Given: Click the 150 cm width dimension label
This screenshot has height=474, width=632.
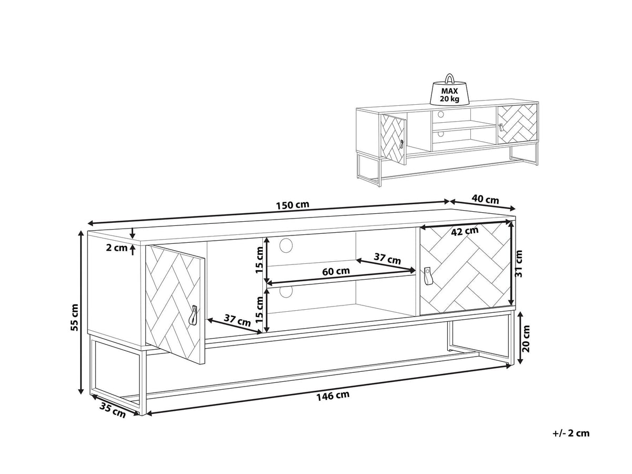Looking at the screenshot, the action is [x=292, y=205].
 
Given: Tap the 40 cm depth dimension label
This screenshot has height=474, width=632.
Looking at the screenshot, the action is [x=485, y=199].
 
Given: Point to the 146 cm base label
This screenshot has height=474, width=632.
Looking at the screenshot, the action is [x=333, y=396].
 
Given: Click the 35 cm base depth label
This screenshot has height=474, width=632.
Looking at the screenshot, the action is [x=113, y=410].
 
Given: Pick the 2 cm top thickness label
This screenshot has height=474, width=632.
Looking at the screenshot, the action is [x=116, y=248].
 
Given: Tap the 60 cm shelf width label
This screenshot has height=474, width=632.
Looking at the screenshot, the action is [x=335, y=271].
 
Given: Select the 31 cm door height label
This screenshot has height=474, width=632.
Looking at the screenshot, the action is [x=519, y=264].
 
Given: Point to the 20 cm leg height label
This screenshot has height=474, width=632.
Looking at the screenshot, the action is [x=526, y=339].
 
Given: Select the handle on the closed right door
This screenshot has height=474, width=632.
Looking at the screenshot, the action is [x=427, y=276].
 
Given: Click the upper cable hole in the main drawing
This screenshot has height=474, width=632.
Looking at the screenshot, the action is [x=285, y=245].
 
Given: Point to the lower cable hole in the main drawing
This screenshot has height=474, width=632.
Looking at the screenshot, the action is [x=285, y=291].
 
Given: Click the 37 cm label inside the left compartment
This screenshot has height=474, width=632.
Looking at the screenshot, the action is [x=237, y=320].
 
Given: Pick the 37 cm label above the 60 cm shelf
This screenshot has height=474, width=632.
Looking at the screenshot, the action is [x=387, y=259].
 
